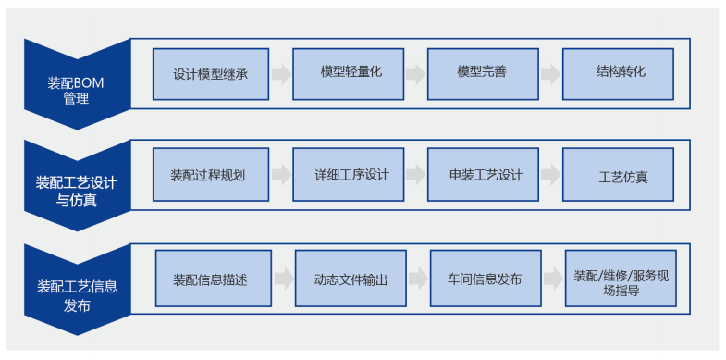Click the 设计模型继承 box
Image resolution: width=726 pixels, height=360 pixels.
click(211, 74)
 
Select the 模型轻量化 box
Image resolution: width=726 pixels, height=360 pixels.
click(348, 74)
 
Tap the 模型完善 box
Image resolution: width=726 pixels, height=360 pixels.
click(483, 74)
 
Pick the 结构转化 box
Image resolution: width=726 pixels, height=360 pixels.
click(618, 74)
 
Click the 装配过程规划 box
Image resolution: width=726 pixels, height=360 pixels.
click(211, 175)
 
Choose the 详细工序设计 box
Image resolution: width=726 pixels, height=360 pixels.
click(348, 175)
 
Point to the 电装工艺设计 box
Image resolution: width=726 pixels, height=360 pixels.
click(483, 175)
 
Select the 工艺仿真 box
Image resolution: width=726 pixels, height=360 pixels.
click(618, 175)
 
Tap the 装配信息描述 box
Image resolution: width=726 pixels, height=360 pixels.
click(214, 278)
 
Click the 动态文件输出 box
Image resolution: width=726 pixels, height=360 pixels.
click(351, 278)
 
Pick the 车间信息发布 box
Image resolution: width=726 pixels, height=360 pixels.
click(486, 278)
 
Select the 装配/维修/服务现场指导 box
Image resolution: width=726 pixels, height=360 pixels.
click(621, 278)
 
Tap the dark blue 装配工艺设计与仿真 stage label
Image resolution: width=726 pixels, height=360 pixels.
click(77, 185)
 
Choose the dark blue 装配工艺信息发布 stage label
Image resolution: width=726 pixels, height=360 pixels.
click(77, 289)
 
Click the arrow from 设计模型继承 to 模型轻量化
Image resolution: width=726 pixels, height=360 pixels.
click(281, 75)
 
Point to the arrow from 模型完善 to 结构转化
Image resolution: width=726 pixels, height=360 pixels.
click(550, 75)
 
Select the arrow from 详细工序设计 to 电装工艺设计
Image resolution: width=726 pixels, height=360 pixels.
click(416, 175)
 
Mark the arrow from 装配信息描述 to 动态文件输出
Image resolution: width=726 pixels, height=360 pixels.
click(284, 278)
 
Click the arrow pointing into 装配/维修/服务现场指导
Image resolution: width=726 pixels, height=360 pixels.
click(553, 278)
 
